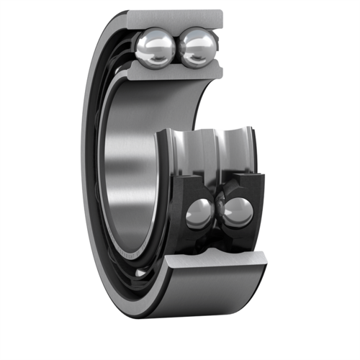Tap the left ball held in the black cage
click(x=199, y=213)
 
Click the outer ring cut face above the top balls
click(x=176, y=19)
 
